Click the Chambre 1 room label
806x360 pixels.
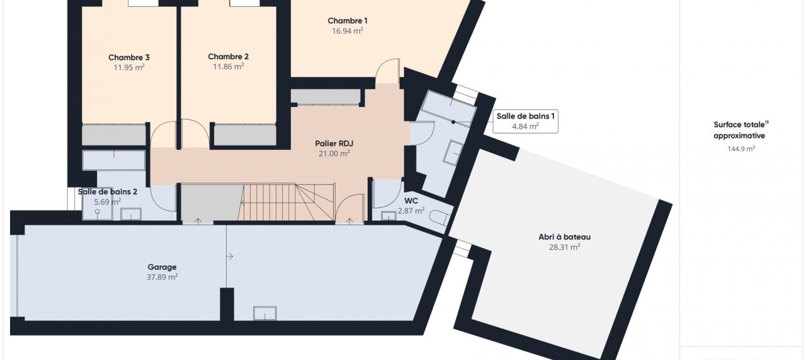click(347, 21)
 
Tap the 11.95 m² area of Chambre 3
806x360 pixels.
click(129, 67)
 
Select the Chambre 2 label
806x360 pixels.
click(228, 57)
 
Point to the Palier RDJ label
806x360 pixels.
click(334, 143)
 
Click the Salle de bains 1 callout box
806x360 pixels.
click(525, 121)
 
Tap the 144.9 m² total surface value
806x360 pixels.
click(741, 149)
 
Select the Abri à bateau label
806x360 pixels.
click(565, 237)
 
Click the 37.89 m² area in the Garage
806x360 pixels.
click(162, 277)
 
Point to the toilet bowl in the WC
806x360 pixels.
click(440, 217)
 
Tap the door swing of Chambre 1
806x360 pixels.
click(387, 71)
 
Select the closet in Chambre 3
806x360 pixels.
click(114, 135)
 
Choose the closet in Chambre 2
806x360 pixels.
click(245, 135)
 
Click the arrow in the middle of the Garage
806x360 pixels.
click(230, 256)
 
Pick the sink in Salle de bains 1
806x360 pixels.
click(453, 153)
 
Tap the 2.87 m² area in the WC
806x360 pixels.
click(411, 210)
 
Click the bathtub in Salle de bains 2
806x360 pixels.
click(114, 160)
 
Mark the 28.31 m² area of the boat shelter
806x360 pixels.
click(565, 247)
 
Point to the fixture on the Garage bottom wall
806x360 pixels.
click(265, 313)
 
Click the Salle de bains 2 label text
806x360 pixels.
click(108, 192)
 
